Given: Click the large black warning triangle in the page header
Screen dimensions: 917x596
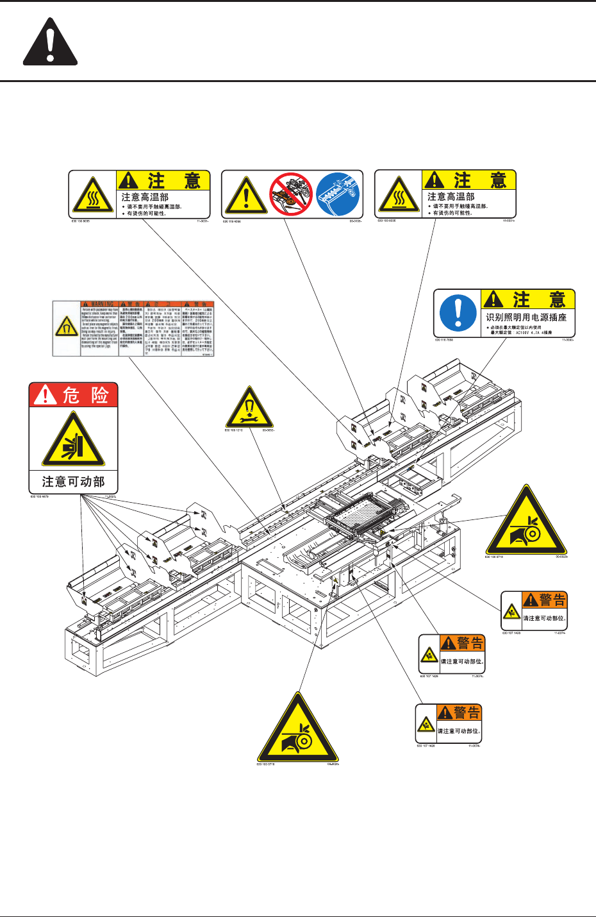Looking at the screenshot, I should point(51,44).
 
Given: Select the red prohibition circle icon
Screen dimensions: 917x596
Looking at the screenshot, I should point(290,194).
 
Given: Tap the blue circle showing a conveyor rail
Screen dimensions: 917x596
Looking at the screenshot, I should point(338,194).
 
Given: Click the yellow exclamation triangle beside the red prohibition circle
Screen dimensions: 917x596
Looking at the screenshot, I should point(246,196).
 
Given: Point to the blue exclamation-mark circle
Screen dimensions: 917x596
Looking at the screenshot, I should point(458,313).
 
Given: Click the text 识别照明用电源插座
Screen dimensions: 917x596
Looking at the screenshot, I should point(526,317).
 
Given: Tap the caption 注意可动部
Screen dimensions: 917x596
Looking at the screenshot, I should point(73,481).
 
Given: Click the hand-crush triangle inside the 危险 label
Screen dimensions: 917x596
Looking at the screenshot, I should point(73,441).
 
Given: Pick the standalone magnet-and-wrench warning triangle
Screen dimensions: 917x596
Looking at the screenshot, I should point(249,410).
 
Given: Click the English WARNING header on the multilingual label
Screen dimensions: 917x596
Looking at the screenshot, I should point(97,304).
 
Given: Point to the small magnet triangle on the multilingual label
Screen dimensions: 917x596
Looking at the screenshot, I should point(66,327).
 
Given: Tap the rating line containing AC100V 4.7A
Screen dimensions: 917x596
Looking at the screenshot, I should point(520,333).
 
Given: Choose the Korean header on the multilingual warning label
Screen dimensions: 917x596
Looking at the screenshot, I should point(165,304).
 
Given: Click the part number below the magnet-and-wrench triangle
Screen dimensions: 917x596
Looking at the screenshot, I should point(234,430).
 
